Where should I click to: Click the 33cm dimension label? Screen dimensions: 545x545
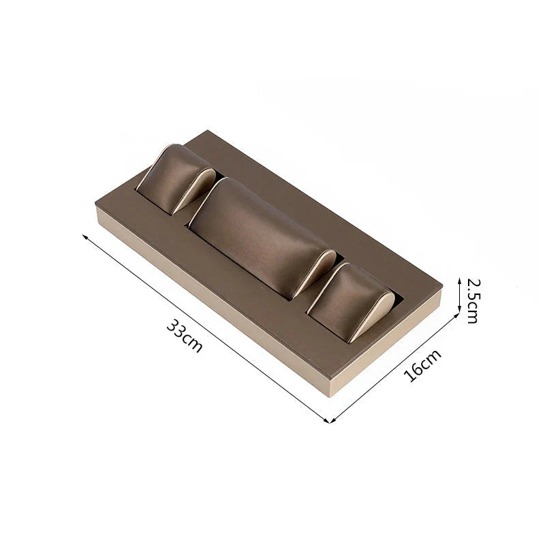click(x=185, y=336)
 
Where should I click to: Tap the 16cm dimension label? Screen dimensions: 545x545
click(x=422, y=365)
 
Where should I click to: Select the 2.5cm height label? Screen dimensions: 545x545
click(x=472, y=301)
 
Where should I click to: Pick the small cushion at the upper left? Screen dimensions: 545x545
click(x=176, y=179)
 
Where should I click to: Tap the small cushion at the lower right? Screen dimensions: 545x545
click(x=351, y=302)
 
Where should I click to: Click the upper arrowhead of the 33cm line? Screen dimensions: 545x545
click(x=84, y=236)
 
